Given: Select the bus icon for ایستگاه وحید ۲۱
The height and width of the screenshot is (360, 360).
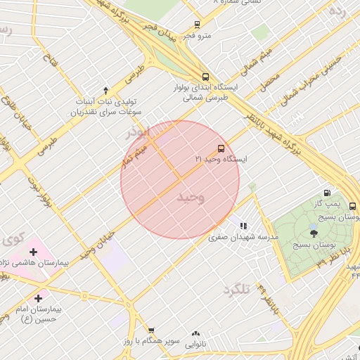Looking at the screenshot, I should click(221, 148).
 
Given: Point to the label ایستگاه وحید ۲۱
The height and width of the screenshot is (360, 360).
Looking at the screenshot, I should click(221, 160).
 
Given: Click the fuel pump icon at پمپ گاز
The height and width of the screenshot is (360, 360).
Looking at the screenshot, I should click(328, 193).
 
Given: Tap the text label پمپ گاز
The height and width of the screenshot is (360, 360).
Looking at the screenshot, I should click(345, 205).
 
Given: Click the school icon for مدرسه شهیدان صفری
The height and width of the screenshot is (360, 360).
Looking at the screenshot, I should click(243, 226).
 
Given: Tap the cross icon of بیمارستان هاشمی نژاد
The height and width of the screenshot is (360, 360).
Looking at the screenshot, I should click(33, 252).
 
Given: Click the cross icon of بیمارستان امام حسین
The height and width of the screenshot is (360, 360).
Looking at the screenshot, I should click(38, 299).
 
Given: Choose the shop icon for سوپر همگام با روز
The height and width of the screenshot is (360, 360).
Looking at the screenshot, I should click(150, 330).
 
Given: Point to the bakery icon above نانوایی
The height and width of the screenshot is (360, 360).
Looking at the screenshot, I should click(195, 333).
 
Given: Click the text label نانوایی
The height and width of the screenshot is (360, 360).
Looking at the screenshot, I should click(195, 345).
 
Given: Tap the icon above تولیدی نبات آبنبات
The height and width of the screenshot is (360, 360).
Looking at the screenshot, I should click(105, 90).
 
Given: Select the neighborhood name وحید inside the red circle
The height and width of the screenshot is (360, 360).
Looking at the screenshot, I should click(191, 197).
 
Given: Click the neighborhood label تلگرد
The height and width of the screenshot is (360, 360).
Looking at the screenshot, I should click(236, 290).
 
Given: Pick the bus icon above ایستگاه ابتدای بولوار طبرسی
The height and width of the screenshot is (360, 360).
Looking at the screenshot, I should click(205, 77).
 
